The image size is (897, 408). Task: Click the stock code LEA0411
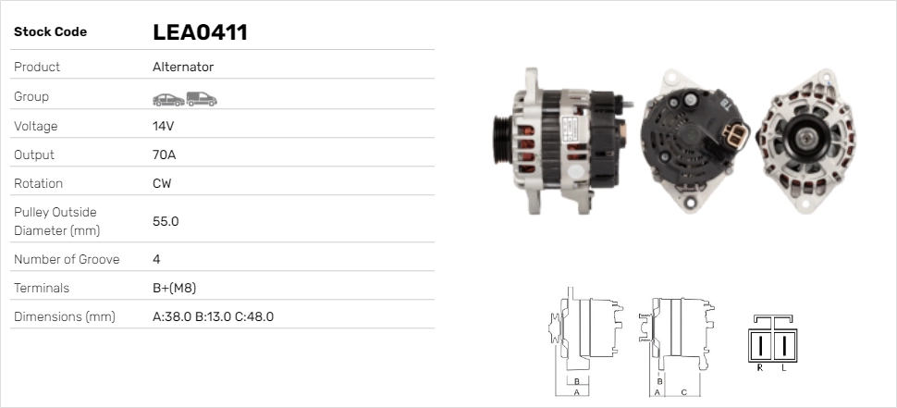201,32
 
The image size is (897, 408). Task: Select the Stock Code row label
50,32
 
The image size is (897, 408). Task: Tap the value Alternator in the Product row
183,67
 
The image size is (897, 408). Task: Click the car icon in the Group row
168,100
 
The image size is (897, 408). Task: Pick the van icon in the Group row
202,99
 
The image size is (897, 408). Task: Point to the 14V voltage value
163,126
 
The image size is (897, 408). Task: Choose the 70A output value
165,155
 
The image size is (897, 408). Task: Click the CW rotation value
162,184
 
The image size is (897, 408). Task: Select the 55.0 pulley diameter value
166,221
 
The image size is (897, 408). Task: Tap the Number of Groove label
67,259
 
